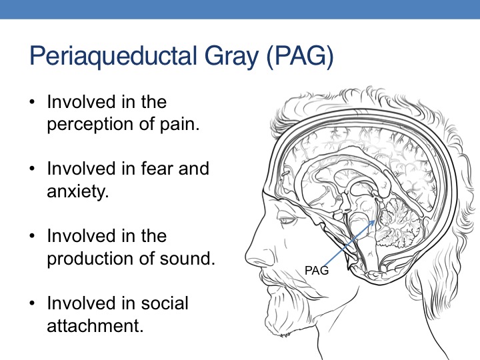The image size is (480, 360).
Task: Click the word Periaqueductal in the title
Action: pyautogui.click(x=113, y=56)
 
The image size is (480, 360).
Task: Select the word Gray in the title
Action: pyautogui.click(x=232, y=56)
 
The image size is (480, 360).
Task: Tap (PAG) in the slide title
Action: pyautogui.click(x=300, y=56)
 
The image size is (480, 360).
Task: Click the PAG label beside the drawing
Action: pyautogui.click(x=317, y=271)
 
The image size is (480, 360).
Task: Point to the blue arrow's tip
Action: pyautogui.click(x=375, y=221)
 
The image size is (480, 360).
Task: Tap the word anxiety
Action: pyautogui.click(x=78, y=191)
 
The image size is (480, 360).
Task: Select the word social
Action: pyautogui.click(x=165, y=303)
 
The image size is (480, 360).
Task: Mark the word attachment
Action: pyautogui.click(x=95, y=325)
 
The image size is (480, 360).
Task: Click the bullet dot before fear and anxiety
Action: pyautogui.click(x=33, y=169)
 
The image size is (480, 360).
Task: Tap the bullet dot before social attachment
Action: pyautogui.click(x=33, y=303)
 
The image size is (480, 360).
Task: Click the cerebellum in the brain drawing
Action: pyautogui.click(x=398, y=222)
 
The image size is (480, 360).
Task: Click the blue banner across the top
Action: pyautogui.click(x=240, y=9)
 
